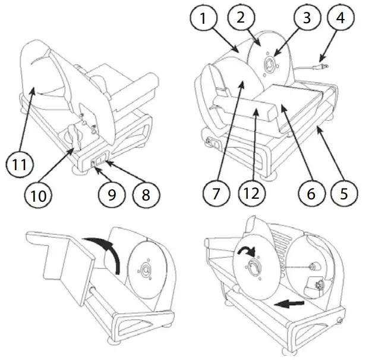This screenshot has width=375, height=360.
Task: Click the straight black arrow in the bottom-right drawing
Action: click(291, 305)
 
